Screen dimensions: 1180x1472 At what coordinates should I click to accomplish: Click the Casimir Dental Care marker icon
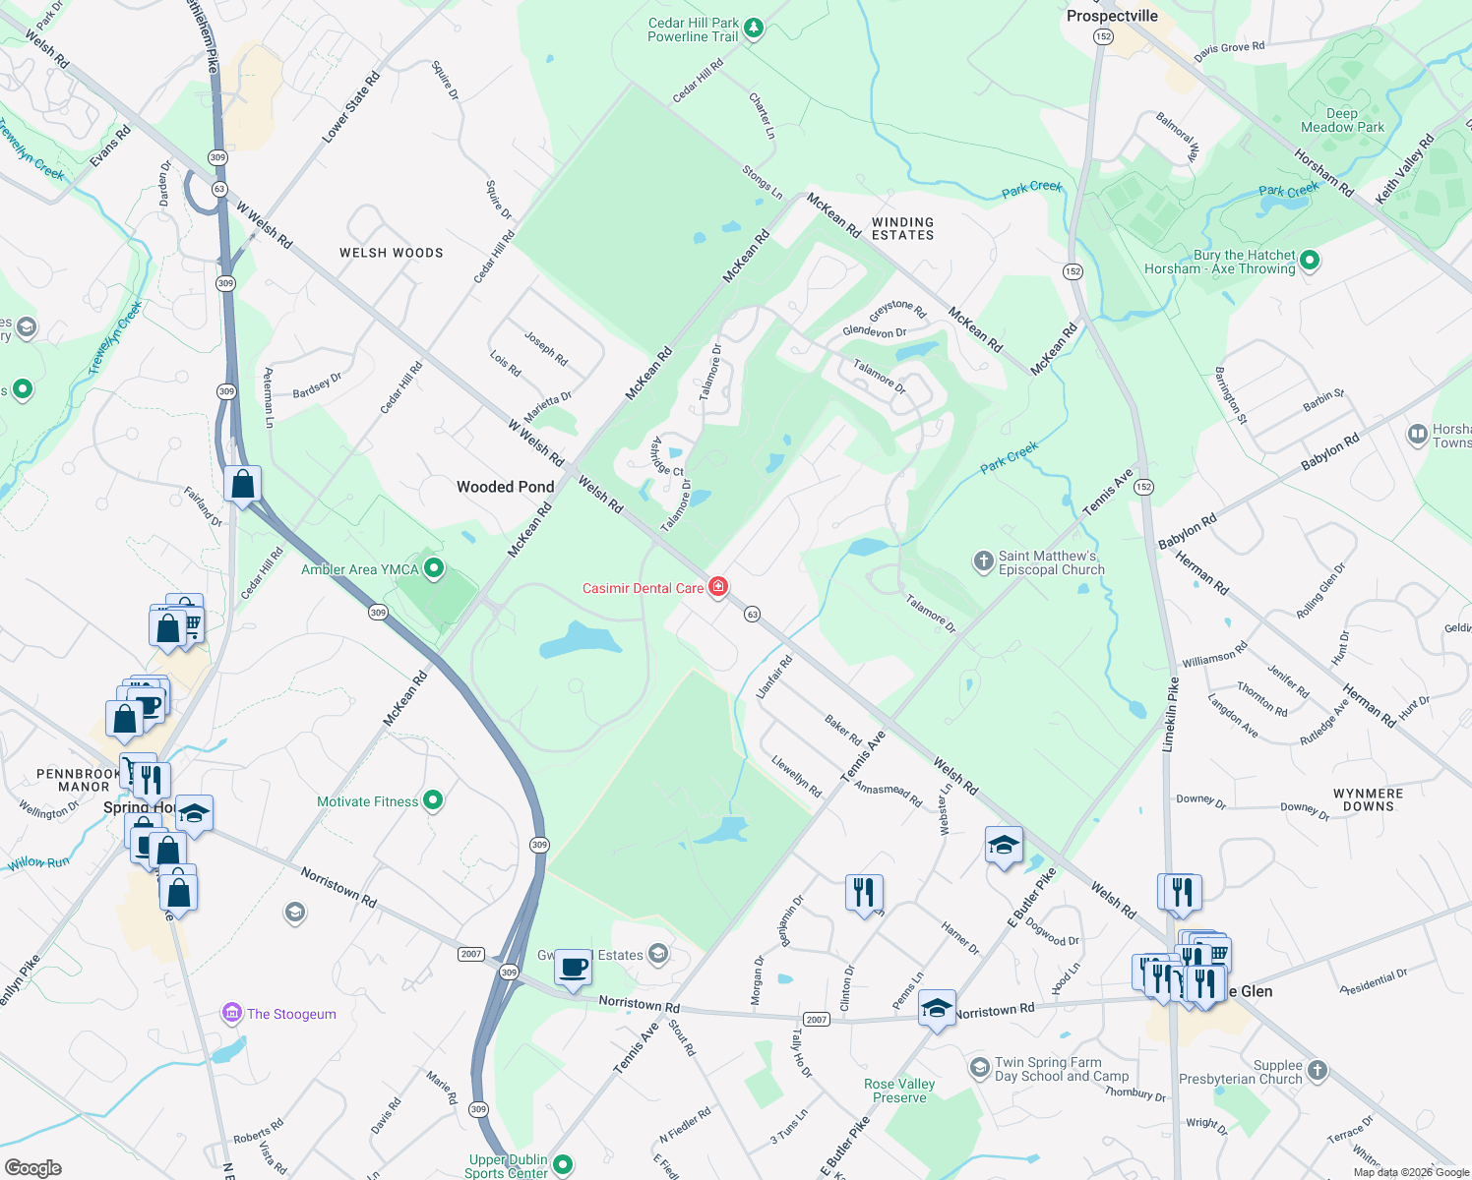coord(718,587)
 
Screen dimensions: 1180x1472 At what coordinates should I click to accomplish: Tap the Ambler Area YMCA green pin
coord(434,568)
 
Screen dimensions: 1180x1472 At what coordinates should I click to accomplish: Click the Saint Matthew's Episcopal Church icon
coord(983,561)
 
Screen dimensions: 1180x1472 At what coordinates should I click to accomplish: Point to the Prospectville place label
coord(1112,16)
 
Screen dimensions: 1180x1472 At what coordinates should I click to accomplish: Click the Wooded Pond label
coord(506,487)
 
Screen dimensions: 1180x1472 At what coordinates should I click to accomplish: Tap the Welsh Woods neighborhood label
coord(392,253)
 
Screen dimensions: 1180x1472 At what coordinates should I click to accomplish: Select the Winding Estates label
coord(902,229)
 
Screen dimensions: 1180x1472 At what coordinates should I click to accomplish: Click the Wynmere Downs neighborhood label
coord(1368,799)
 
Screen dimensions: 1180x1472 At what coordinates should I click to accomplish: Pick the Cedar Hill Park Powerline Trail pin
coord(753,29)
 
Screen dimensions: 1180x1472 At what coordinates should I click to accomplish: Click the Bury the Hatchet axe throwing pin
coord(1309,261)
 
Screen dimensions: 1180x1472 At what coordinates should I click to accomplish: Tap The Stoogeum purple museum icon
coord(232,1013)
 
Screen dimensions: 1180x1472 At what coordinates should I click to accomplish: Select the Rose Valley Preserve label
coord(899,1091)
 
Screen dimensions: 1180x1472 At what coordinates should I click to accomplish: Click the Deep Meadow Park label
coord(1342,120)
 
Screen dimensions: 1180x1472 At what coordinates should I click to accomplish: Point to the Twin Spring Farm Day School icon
coord(979,1067)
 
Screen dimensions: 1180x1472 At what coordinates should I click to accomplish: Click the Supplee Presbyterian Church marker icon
coord(1318,1070)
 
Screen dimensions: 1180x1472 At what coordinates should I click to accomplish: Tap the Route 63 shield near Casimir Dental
coord(753,614)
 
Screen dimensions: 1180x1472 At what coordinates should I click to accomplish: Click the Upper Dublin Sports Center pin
coord(563,1165)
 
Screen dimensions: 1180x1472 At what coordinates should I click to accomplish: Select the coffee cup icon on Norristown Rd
coord(574,968)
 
